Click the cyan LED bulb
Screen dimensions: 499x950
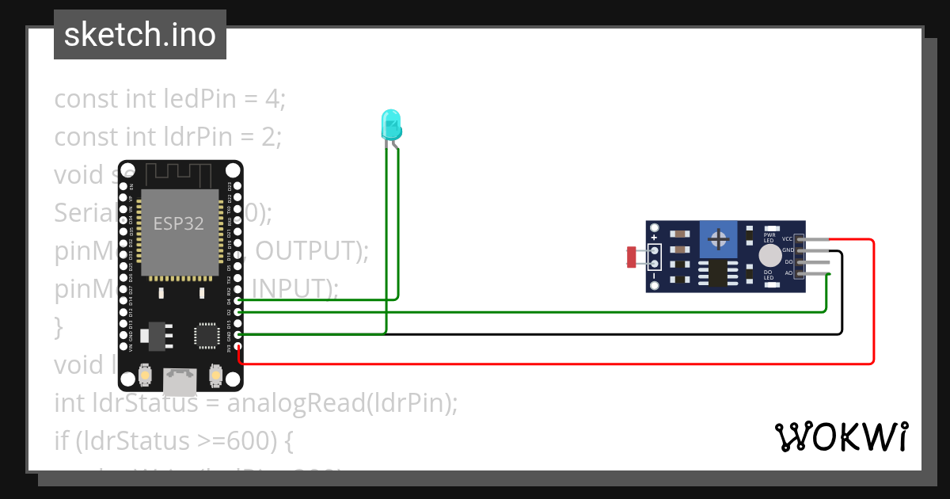tap(391, 124)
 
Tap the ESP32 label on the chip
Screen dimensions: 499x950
tap(178, 224)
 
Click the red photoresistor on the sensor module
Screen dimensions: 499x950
tap(632, 257)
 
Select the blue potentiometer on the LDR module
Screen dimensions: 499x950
tap(719, 238)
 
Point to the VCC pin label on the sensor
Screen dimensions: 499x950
tap(787, 238)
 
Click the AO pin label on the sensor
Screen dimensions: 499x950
tap(788, 273)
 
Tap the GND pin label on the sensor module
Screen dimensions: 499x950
tap(788, 250)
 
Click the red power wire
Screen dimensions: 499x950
tap(873, 317)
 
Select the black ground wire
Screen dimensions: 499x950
tap(842, 301)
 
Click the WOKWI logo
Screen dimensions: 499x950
tap(842, 436)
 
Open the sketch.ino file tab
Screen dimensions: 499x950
tap(140, 35)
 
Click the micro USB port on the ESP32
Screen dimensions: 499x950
tap(180, 382)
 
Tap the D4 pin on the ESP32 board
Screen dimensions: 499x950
tap(237, 301)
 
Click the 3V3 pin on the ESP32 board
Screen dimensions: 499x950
tap(237, 347)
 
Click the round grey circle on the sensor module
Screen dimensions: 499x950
tap(769, 255)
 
